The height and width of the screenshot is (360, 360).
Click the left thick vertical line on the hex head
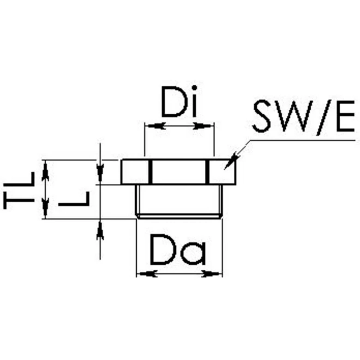click(150, 171)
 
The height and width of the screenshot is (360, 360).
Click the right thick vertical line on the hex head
click(209, 171)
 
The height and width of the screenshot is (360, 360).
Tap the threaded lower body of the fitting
click(180, 201)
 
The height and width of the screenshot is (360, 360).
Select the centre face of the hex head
click(179, 171)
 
